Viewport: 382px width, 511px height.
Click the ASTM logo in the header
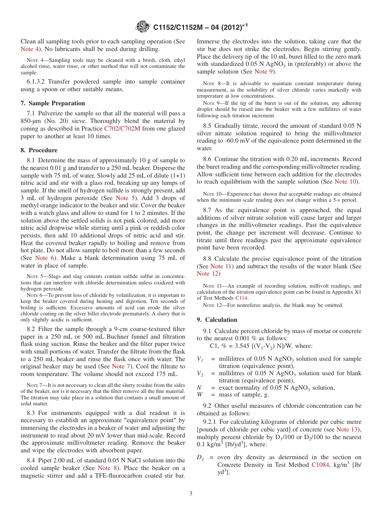[143, 27]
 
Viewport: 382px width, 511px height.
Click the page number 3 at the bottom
[191, 493]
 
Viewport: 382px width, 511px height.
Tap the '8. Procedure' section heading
[39, 150]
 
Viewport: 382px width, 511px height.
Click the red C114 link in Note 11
[241, 298]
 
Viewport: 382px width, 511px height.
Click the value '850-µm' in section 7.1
[32, 121]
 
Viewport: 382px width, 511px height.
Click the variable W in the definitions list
[200, 394]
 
